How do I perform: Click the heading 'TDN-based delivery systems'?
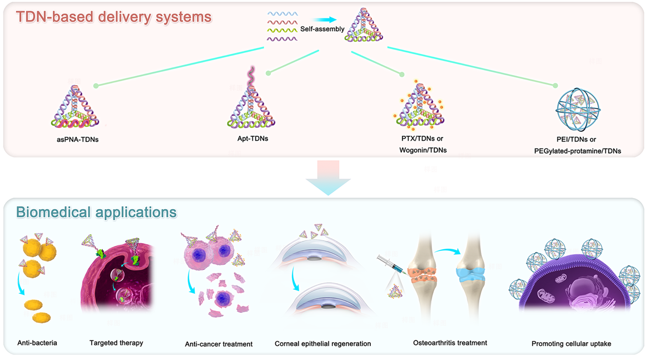click(x=114, y=16)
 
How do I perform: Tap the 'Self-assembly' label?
click(x=322, y=29)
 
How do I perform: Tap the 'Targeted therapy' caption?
click(x=116, y=343)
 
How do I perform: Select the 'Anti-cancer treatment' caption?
click(x=219, y=344)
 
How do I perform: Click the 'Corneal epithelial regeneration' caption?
click(x=322, y=344)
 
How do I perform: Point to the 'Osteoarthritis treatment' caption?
click(x=450, y=343)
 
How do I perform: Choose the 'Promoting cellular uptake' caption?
click(x=571, y=344)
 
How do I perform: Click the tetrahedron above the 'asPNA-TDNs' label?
click(x=73, y=106)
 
